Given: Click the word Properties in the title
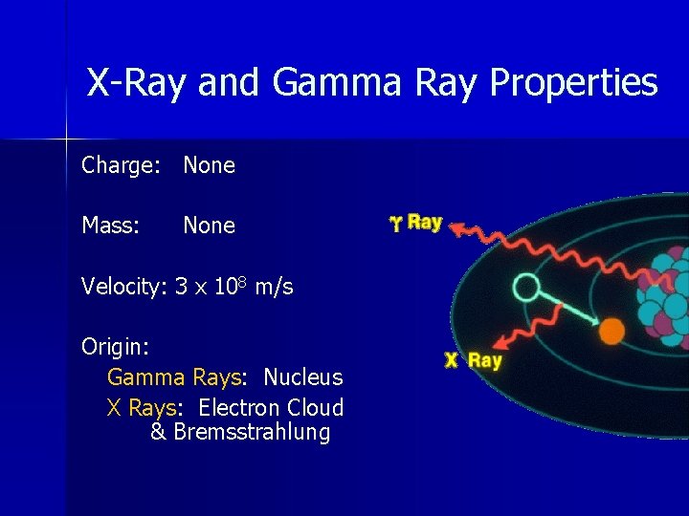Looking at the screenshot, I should [x=573, y=83].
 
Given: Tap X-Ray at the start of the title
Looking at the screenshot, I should [x=138, y=83].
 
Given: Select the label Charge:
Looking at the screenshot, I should [x=121, y=165].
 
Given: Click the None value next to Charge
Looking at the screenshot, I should [x=209, y=165].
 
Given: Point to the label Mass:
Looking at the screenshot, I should [x=111, y=226].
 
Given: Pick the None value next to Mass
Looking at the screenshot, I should [x=209, y=226].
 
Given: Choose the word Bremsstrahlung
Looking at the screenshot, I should [x=252, y=432].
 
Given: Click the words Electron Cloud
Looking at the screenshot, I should [x=271, y=408].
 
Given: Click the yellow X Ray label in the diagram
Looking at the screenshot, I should [x=473, y=361].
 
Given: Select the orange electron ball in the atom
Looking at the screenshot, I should [x=611, y=332].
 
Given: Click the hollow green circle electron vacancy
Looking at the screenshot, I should [x=526, y=287].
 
